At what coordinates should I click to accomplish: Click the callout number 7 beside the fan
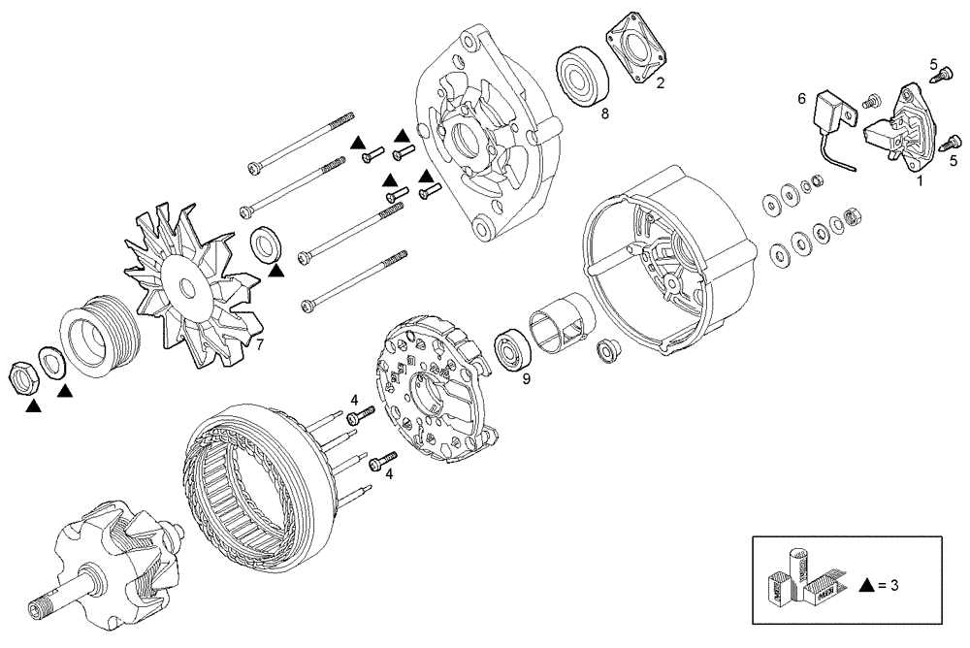click(x=258, y=343)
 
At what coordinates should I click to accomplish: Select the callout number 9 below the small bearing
click(x=527, y=379)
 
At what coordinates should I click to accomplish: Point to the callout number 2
click(x=660, y=83)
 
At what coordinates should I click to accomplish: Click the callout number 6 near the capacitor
click(x=802, y=98)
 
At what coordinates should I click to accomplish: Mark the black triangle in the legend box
click(x=868, y=585)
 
